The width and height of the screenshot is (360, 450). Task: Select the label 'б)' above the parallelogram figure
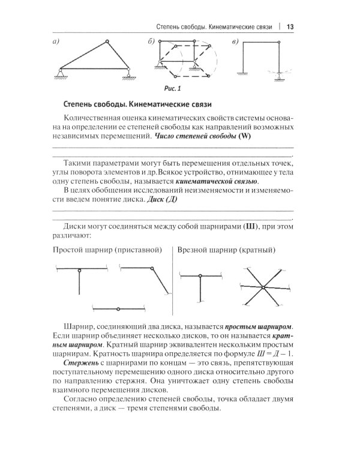(152, 41)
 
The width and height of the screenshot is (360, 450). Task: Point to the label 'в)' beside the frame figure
(235, 41)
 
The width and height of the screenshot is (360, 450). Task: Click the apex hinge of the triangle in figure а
(106, 41)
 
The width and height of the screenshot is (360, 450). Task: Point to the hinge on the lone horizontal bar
(119, 308)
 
